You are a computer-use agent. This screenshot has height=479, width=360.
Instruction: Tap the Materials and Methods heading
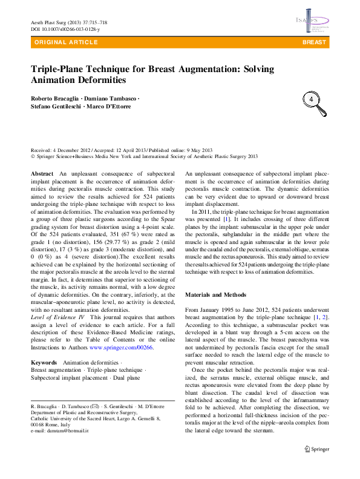pyautogui.click(x=215, y=295)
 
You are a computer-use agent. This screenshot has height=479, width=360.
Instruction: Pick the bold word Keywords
pyautogui.click(x=44, y=362)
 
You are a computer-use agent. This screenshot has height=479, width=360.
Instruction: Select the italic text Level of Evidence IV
pyautogui.click(x=57, y=317)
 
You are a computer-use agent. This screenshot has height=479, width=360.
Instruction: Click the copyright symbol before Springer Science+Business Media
pyautogui.click(x=33, y=156)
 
